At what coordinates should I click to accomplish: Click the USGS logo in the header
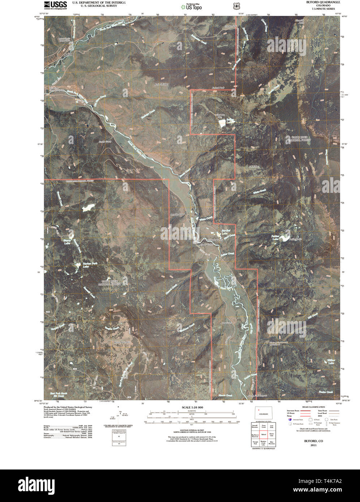[55, 5]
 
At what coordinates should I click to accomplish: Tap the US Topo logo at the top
[191, 6]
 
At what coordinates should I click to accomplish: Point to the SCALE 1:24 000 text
[192, 407]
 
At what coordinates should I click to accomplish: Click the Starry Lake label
[67, 242]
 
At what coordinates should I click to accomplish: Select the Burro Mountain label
[122, 342]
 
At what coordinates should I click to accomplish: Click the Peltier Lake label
[275, 238]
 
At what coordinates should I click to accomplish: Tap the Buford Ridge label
[162, 85]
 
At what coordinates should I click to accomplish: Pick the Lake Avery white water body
[225, 123]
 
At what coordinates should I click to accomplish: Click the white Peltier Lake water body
[285, 238]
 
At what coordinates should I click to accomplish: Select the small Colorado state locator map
[263, 414]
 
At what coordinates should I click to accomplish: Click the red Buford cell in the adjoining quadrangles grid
[263, 434]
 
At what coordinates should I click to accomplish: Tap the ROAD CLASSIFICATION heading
[312, 407]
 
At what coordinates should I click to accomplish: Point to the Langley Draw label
[177, 215]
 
